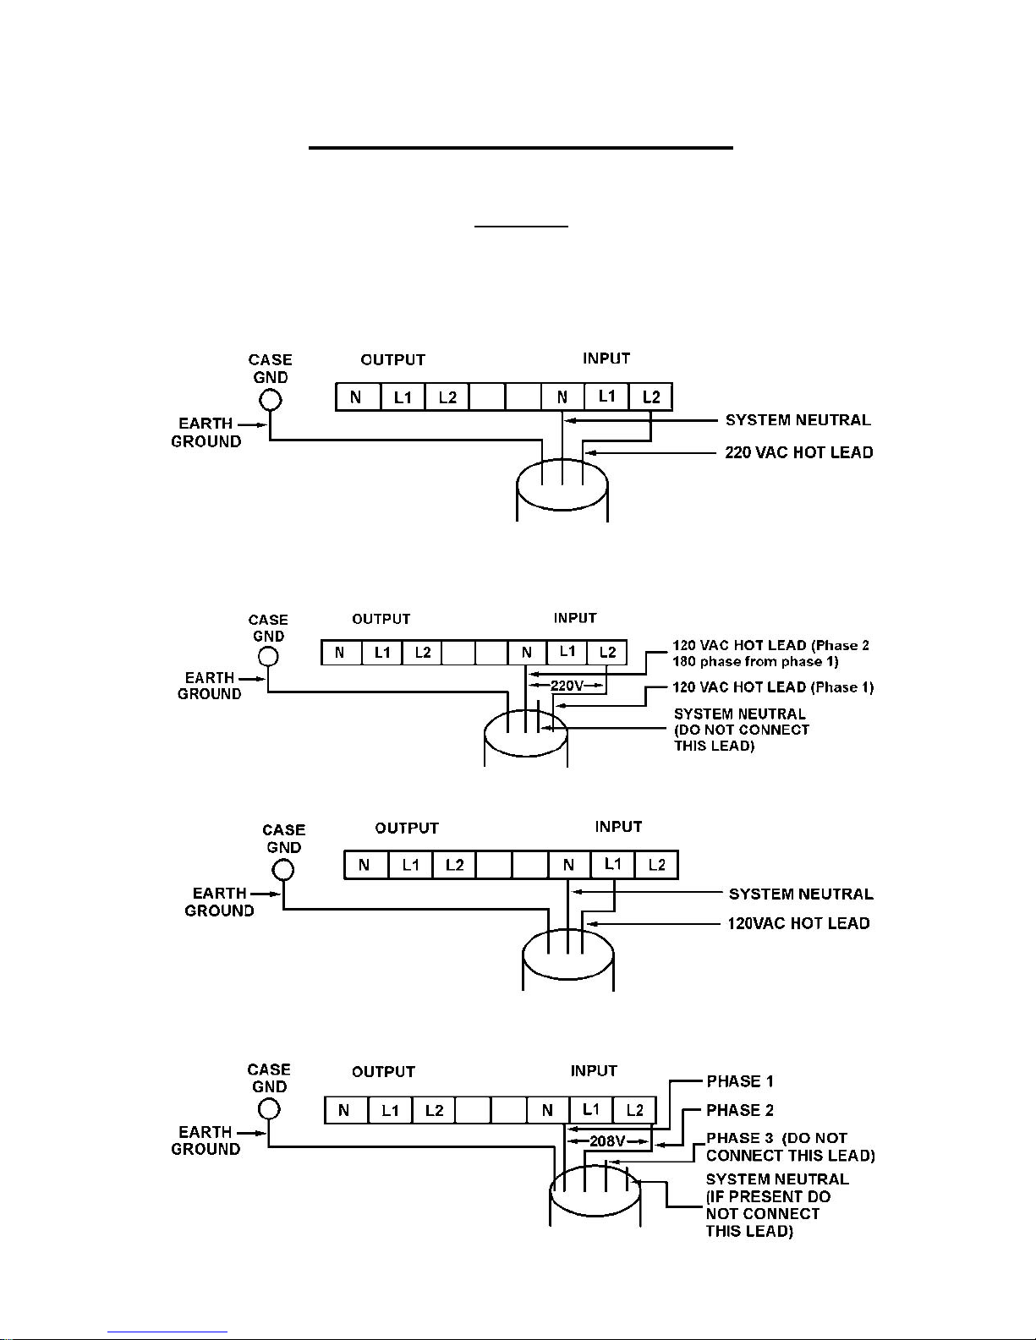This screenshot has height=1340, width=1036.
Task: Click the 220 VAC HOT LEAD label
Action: tap(798, 452)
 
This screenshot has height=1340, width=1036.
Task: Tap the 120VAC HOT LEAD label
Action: tap(798, 923)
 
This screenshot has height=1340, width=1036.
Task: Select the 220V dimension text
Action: tap(567, 685)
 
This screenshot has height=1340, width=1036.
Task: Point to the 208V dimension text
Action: tap(607, 1140)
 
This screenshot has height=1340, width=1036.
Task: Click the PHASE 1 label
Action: tap(739, 1081)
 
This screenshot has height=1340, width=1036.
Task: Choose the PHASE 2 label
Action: tap(739, 1110)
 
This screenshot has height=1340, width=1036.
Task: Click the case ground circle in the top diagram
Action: tap(270, 400)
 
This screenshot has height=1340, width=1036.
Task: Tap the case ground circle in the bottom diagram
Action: tap(268, 1109)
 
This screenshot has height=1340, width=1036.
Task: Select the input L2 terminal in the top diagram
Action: tap(650, 397)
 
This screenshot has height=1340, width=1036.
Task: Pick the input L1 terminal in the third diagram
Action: tap(612, 865)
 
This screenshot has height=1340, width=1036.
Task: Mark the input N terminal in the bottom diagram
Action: tap(548, 1111)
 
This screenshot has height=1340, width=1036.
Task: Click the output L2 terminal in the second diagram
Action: tap(422, 653)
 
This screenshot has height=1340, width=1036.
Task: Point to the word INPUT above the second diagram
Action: tap(575, 618)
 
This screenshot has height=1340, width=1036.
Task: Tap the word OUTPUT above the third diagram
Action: tap(407, 829)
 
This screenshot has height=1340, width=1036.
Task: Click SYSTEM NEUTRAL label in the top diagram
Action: tap(798, 420)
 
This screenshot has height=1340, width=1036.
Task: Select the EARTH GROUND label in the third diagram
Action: tap(219, 901)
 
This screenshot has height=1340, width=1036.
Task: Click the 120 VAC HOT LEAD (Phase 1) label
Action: tap(773, 687)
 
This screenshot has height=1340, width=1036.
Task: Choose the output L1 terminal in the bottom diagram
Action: tap(390, 1111)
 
